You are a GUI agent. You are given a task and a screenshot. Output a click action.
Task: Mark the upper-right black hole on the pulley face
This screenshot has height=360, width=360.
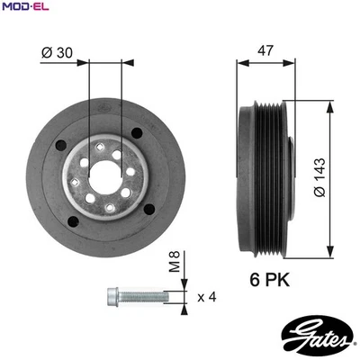click(x=138, y=134)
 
